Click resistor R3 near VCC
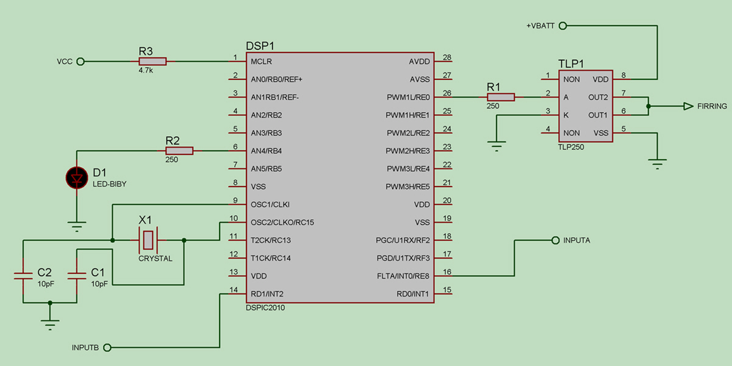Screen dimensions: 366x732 click(x=152, y=62)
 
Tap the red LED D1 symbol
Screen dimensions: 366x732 click(x=77, y=178)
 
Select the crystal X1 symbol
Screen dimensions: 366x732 click(x=148, y=240)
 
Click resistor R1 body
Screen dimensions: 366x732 click(x=501, y=97)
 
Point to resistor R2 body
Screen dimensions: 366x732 click(x=179, y=151)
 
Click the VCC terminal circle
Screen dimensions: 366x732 click(x=80, y=62)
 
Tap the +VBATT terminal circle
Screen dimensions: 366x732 click(x=562, y=26)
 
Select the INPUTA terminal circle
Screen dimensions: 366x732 click(x=555, y=240)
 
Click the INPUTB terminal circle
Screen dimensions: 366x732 click(x=107, y=348)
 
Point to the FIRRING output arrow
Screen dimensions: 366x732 click(x=687, y=106)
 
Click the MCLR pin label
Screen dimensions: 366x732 click(x=261, y=62)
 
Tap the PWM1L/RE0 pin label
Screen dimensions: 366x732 click(x=408, y=97)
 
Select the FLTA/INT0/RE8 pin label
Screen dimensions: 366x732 click(x=404, y=276)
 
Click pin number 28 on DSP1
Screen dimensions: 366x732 click(x=447, y=58)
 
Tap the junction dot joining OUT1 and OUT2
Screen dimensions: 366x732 click(x=648, y=106)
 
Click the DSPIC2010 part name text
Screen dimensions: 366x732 click(x=264, y=308)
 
